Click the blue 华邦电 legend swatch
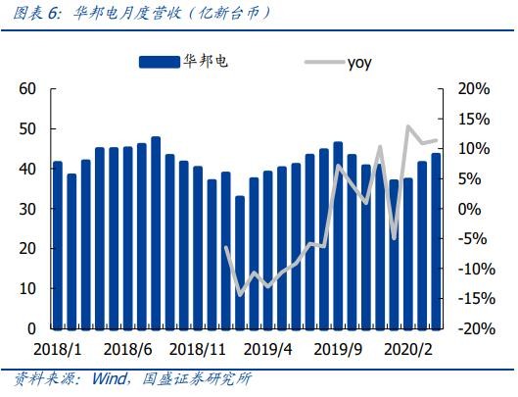[x=160, y=62]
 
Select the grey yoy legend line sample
[x=324, y=62]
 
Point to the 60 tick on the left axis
[x=27, y=88]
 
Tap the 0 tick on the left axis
[x=31, y=328]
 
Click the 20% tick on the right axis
[x=473, y=88]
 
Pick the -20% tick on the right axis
[x=477, y=328]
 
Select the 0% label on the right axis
[x=469, y=209]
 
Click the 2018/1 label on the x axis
[x=58, y=349]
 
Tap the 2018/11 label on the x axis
[x=197, y=349]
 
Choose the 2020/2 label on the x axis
[x=408, y=349]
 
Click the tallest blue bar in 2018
[x=156, y=233]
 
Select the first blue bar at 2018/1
[x=58, y=245]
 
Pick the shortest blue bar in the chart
[x=240, y=263]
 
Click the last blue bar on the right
[x=436, y=241]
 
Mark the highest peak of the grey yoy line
[x=408, y=126]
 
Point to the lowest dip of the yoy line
[x=240, y=295]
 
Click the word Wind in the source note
[x=109, y=378]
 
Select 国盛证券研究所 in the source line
[x=197, y=378]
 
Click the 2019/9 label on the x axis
[x=338, y=349]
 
